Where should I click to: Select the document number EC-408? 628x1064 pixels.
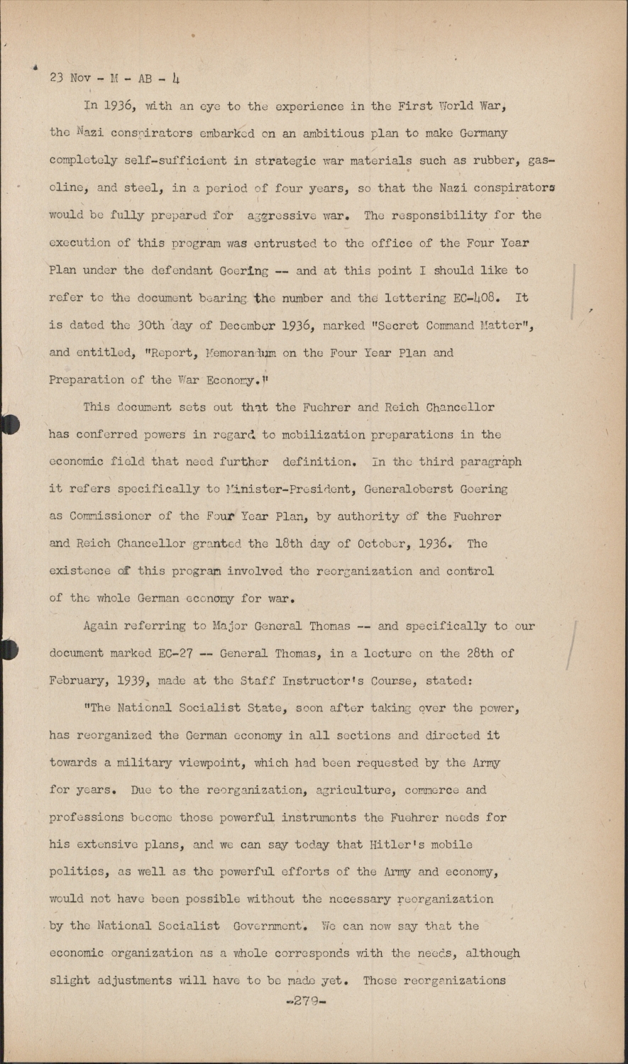(x=468, y=298)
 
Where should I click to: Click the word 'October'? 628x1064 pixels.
(x=385, y=543)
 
